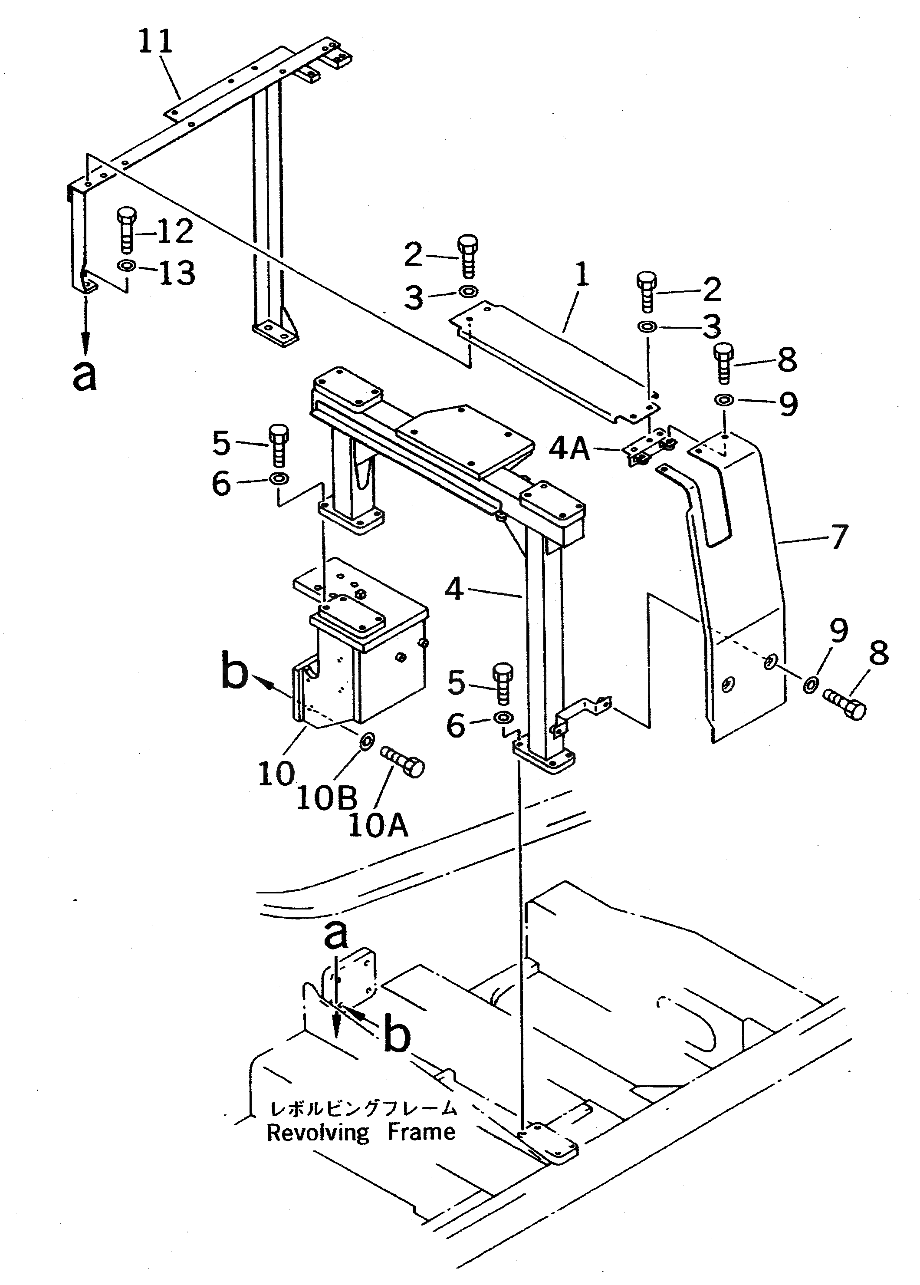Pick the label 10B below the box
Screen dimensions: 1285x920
click(x=327, y=797)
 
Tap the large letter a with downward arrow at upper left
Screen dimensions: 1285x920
click(x=85, y=376)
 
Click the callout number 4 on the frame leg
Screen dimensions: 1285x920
click(x=454, y=590)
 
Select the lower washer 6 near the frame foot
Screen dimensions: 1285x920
click(x=503, y=718)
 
